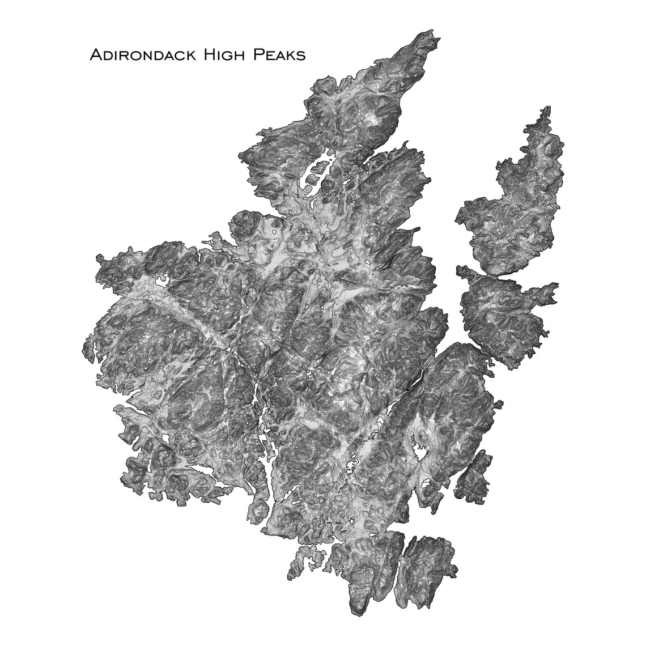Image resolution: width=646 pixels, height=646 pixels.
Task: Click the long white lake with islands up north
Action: point(316,170)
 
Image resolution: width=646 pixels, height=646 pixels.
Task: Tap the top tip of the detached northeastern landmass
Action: point(547,108)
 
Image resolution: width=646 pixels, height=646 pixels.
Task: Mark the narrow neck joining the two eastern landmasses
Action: point(475,274)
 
